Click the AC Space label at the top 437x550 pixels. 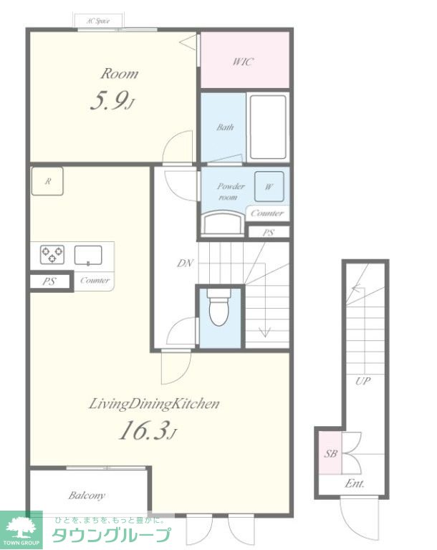98,21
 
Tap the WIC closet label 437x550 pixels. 243,62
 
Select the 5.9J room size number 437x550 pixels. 112,102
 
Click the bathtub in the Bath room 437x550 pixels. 268,127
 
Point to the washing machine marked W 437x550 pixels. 269,187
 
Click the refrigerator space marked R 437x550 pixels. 47,181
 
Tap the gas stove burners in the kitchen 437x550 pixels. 52,254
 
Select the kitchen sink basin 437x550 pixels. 88,255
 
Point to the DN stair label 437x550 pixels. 185,263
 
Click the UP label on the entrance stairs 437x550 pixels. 362,381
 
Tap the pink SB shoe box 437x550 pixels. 330,453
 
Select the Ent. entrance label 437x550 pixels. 355,483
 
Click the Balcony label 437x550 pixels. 87,496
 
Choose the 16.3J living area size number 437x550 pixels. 148,430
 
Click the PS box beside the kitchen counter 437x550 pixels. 50,281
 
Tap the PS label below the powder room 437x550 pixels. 269,232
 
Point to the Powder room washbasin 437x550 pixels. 224,223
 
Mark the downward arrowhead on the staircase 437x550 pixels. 264,332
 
